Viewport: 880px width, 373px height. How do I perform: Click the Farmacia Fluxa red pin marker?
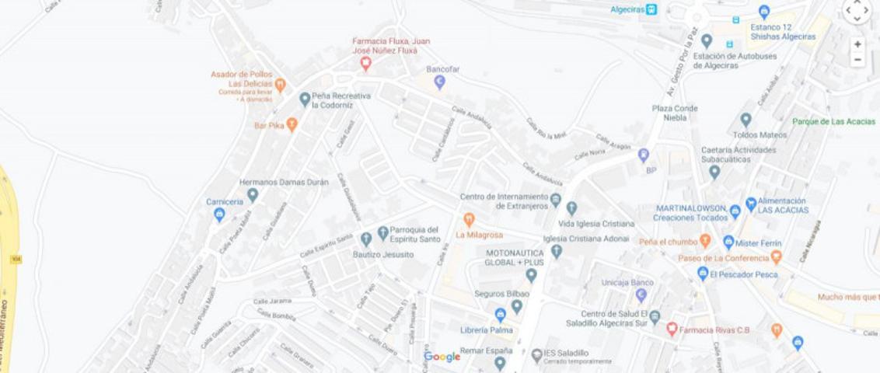pyautogui.click(x=365, y=64)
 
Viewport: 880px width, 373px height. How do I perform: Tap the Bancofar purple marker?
pyautogui.click(x=439, y=82)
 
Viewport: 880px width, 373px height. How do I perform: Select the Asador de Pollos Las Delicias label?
pyautogui.click(x=242, y=79)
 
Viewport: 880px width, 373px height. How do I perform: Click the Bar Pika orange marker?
pyautogui.click(x=292, y=124)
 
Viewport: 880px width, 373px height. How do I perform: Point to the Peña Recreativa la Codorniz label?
pyautogui.click(x=341, y=100)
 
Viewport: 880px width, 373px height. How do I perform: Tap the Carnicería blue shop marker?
pyautogui.click(x=219, y=214)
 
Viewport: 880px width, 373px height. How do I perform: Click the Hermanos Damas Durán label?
pyautogui.click(x=284, y=183)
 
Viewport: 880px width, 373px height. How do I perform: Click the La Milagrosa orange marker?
pyautogui.click(x=469, y=221)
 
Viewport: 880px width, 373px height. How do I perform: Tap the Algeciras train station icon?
pyautogui.click(x=651, y=9)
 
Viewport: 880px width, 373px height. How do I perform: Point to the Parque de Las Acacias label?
pyautogui.click(x=833, y=122)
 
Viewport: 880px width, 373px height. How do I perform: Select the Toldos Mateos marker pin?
pyautogui.click(x=746, y=120)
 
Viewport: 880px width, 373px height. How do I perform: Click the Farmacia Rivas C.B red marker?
pyautogui.click(x=672, y=329)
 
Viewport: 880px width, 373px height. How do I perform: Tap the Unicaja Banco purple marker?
pyautogui.click(x=641, y=295)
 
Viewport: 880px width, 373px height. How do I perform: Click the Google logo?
pyautogui.click(x=442, y=357)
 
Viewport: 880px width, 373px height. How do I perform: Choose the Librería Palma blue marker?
pyautogui.click(x=500, y=315)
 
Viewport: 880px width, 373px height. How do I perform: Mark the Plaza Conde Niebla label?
pyautogui.click(x=675, y=113)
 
